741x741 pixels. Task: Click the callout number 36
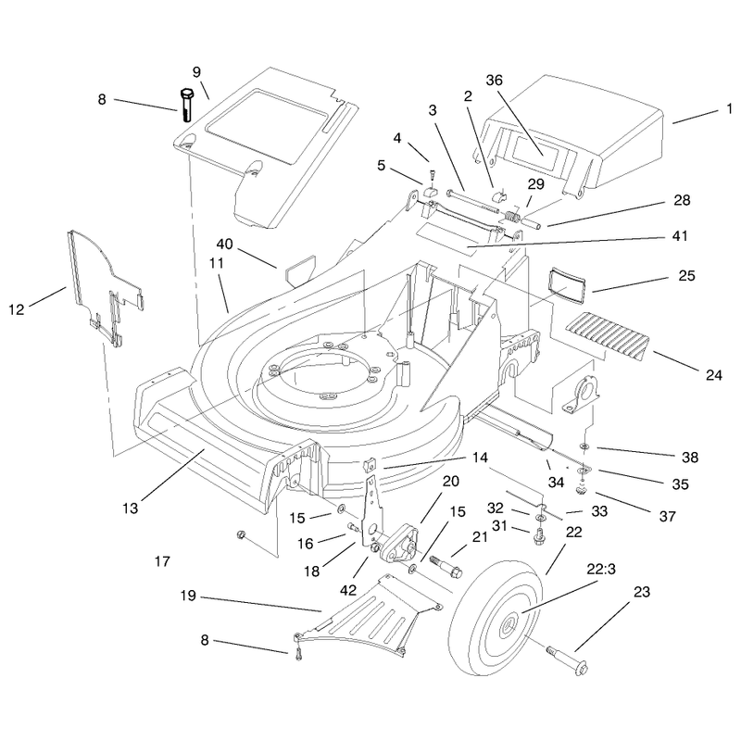[494, 81]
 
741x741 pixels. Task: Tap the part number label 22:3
[601, 570]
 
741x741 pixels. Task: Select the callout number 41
[680, 235]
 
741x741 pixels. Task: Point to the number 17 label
[162, 561]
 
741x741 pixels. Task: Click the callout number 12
[16, 309]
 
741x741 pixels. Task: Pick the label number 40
[224, 244]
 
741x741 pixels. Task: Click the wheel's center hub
[509, 626]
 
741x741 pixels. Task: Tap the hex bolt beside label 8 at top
[187, 105]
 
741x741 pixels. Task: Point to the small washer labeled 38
[584, 446]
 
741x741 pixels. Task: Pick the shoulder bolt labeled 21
[446, 567]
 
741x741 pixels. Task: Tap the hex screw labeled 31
[539, 537]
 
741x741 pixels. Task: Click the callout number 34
[557, 482]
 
